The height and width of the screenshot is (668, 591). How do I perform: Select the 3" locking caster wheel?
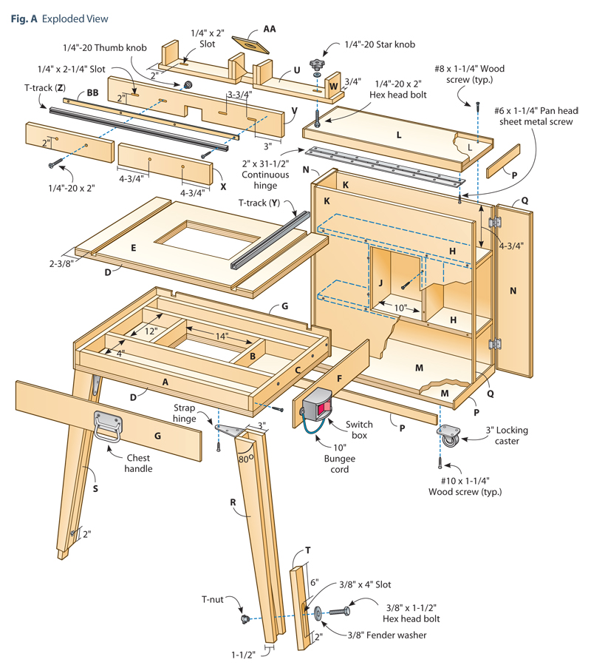click(448, 438)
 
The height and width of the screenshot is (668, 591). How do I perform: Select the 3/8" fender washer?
click(318, 613)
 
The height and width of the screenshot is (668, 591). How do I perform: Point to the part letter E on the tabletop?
click(133, 248)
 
